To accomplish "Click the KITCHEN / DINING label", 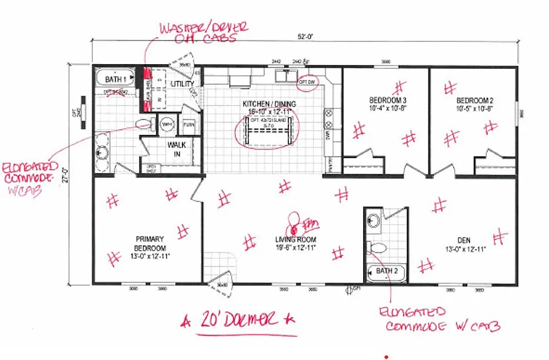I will [x=269, y=108].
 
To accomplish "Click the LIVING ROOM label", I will [x=295, y=244].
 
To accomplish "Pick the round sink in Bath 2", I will [x=373, y=221].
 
